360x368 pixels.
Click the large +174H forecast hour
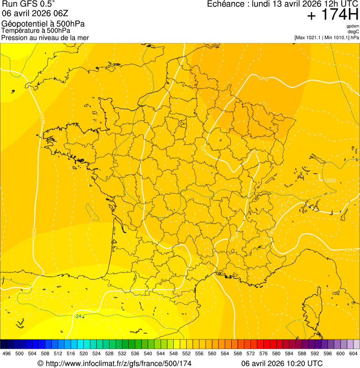click(x=332, y=15)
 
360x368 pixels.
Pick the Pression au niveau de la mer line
click(x=45, y=37)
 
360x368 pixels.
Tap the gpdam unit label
click(x=353, y=26)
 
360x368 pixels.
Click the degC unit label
click(x=353, y=32)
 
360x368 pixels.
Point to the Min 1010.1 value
click(x=337, y=37)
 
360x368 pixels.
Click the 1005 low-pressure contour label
click(x=330, y=181)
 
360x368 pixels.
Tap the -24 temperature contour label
click(x=78, y=316)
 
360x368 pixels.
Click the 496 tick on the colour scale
click(x=7, y=354)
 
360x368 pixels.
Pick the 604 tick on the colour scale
click(x=353, y=354)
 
